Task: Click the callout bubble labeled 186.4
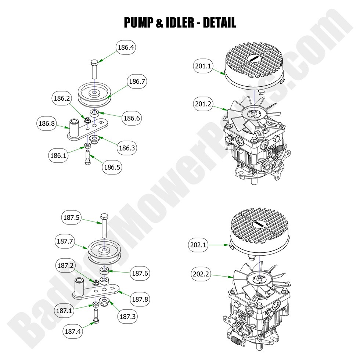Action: [x=126, y=47]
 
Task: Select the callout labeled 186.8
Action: [x=47, y=124]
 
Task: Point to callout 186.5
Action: [x=112, y=168]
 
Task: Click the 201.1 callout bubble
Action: [x=203, y=66]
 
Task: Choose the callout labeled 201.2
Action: [x=203, y=105]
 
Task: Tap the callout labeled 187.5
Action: [x=71, y=217]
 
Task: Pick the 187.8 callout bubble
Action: [x=140, y=299]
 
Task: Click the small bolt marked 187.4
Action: [x=96, y=317]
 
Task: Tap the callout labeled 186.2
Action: [x=62, y=99]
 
